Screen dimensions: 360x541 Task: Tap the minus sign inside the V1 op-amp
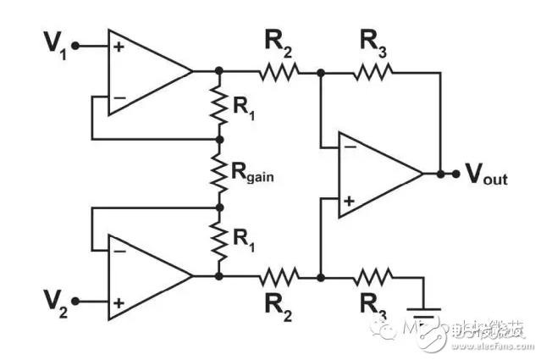tap(119, 97)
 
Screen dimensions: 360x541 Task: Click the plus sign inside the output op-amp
tap(348, 201)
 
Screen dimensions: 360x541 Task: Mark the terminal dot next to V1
tap(76, 46)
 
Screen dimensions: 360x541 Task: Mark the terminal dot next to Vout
tap(456, 174)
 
